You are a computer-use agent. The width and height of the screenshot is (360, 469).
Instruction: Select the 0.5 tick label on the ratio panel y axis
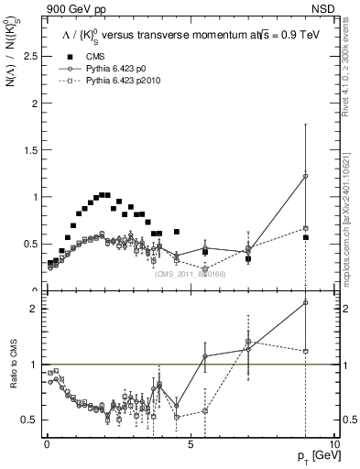(29, 420)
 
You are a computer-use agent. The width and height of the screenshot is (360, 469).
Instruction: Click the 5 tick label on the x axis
(190, 442)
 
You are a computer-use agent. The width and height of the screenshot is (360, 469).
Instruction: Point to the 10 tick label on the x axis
(333, 442)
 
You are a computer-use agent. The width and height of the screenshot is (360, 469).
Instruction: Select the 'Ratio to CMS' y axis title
(13, 378)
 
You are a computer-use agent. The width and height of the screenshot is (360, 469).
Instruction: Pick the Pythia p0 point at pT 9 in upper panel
(305, 176)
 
